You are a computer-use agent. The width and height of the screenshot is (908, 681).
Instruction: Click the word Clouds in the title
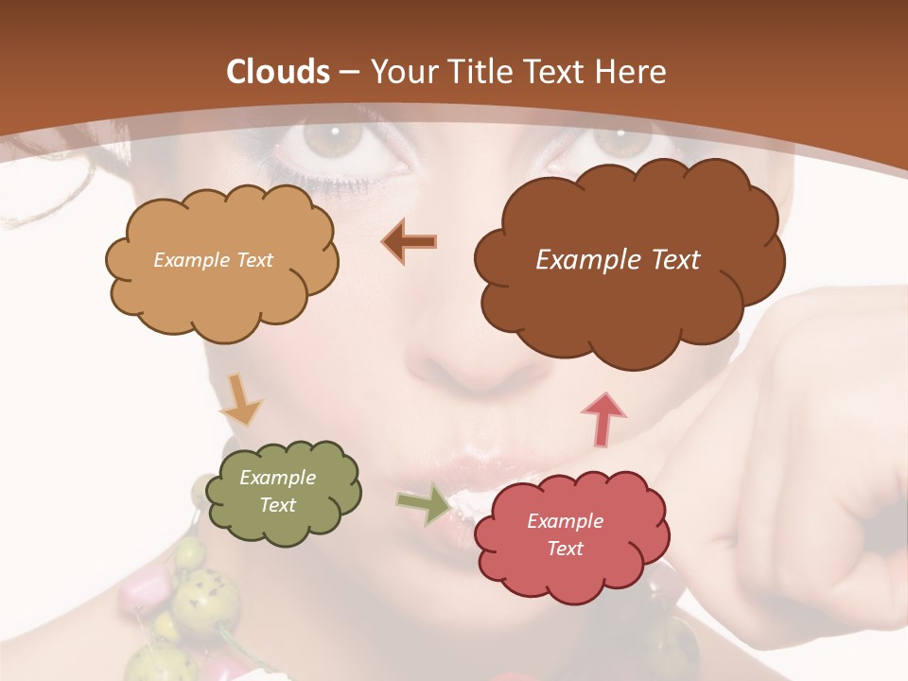click(x=278, y=72)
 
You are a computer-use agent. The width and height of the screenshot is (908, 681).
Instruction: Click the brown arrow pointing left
click(x=410, y=241)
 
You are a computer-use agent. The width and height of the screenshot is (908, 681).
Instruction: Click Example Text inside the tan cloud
click(x=213, y=260)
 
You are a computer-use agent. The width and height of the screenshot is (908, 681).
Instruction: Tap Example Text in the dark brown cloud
click(x=618, y=260)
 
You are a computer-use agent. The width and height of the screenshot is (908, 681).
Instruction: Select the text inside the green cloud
click(x=278, y=492)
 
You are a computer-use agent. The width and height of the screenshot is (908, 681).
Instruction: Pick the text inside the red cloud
click(x=565, y=534)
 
